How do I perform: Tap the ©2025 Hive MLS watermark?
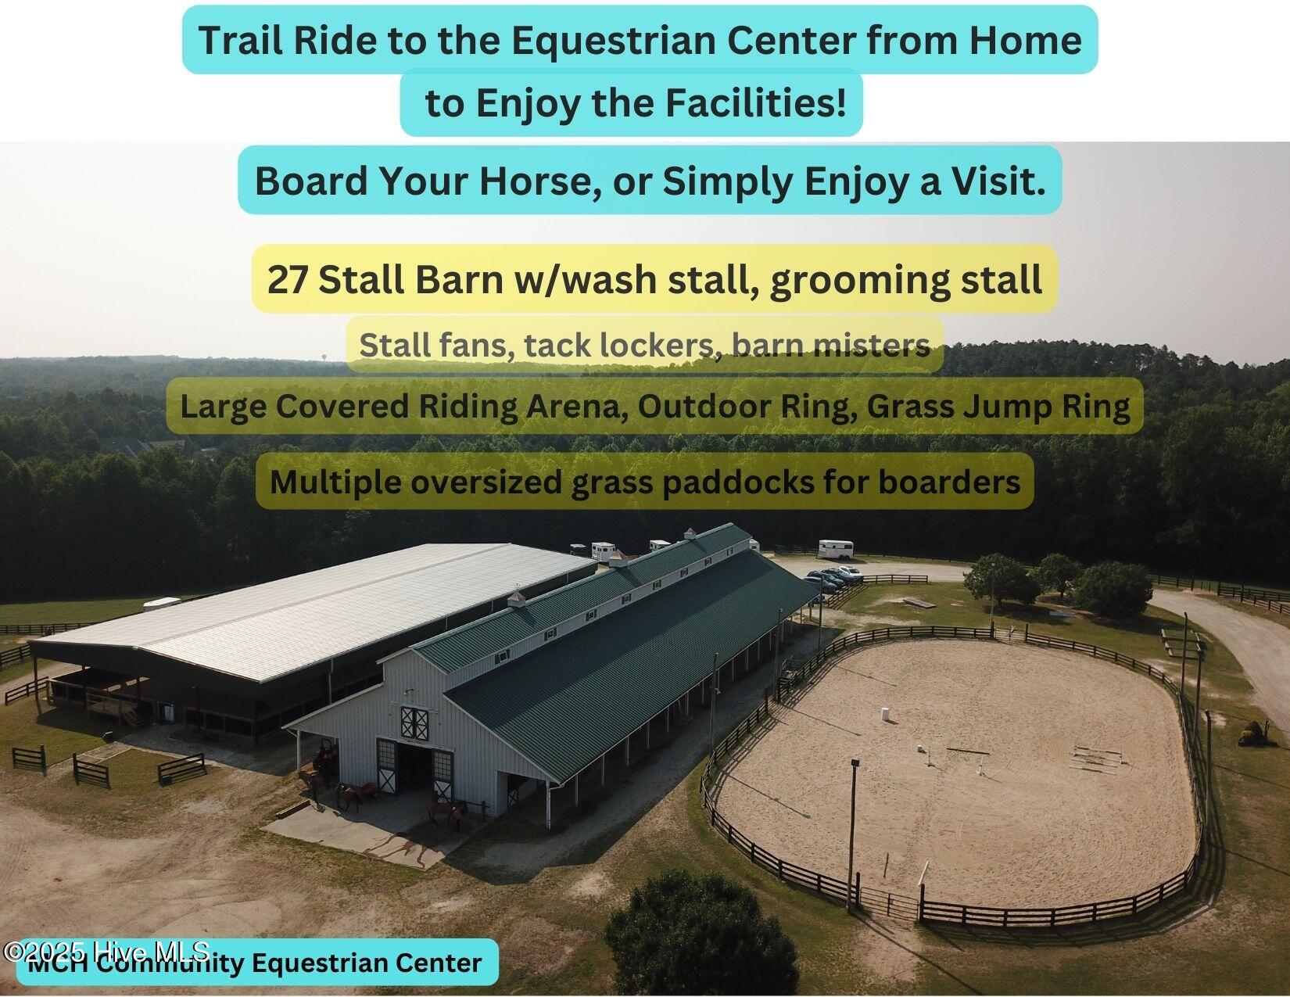tap(106, 952)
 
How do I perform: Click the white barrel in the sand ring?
tap(886, 714)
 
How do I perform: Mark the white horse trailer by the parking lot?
tap(840, 549)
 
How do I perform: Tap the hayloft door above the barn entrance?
tap(414, 722)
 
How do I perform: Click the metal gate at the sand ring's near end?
tap(883, 903)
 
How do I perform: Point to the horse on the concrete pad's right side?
tap(445, 813)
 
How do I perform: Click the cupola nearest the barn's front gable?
tap(517, 600)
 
